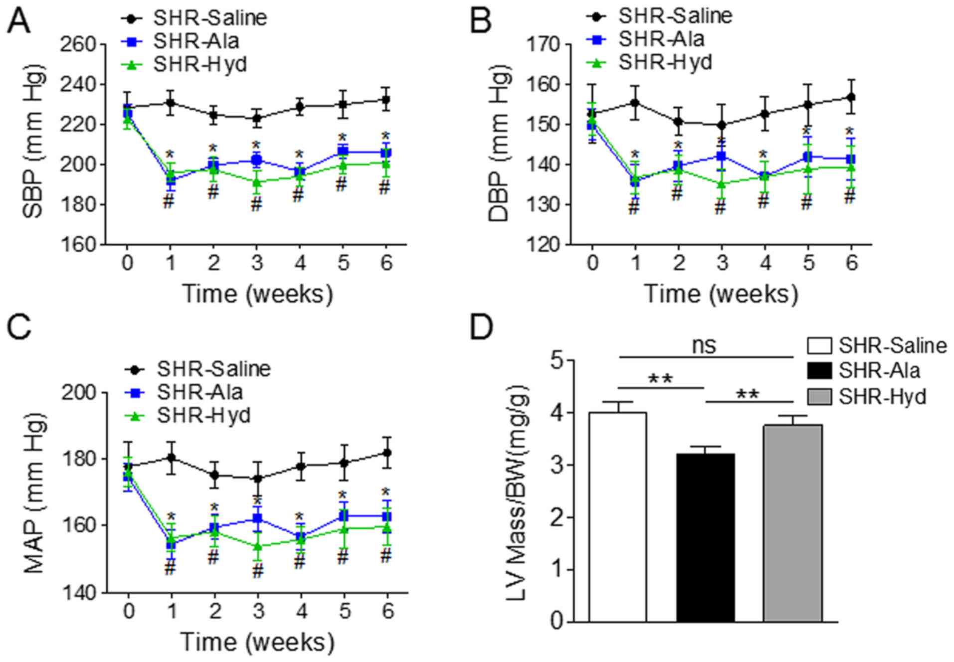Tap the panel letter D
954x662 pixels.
click(x=482, y=328)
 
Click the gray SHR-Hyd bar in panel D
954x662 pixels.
click(x=792, y=523)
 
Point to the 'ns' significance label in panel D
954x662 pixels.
click(x=704, y=345)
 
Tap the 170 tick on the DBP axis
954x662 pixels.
click(x=545, y=44)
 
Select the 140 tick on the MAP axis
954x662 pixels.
click(x=78, y=593)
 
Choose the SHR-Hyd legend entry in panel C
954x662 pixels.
click(x=203, y=415)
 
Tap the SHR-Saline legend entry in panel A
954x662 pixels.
click(x=209, y=18)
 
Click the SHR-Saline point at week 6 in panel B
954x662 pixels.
click(x=851, y=97)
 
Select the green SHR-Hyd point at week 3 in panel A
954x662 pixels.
click(x=257, y=182)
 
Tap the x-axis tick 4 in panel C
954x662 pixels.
click(x=301, y=611)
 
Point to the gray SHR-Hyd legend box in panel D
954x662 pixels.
click(x=819, y=397)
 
